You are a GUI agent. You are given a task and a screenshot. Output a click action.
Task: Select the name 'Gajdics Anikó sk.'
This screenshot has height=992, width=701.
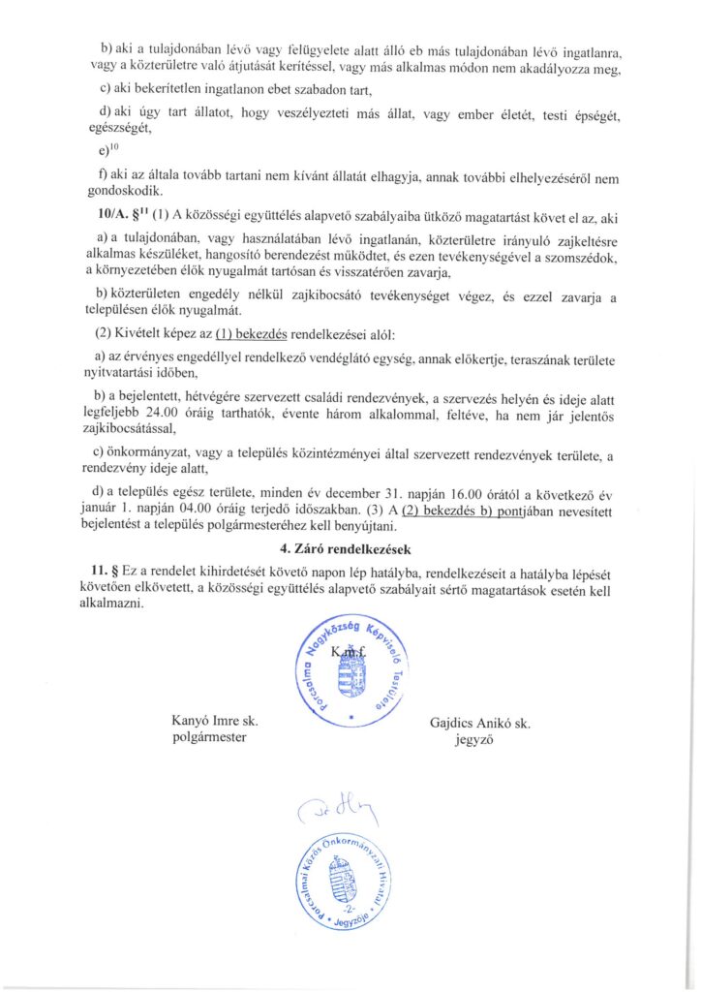[x=480, y=723]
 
